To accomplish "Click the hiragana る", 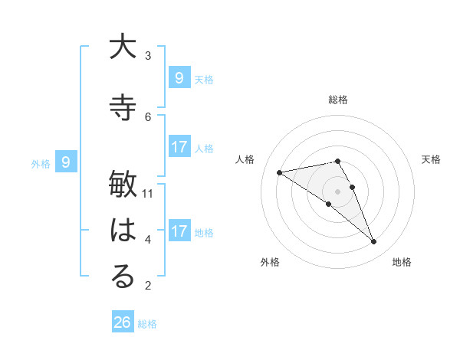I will click(x=123, y=277).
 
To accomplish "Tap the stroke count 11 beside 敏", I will click(x=148, y=194).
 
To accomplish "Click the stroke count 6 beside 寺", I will click(x=148, y=116).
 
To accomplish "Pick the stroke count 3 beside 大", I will click(x=148, y=56).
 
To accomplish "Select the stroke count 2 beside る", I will click(x=148, y=286).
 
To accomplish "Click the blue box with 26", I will click(x=123, y=322).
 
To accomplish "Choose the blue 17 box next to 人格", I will click(x=179, y=147).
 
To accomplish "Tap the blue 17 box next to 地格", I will click(x=179, y=231).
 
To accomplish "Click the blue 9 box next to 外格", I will click(x=66, y=162).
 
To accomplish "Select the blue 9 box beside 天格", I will click(x=179, y=77).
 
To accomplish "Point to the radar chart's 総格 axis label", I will click(x=338, y=100).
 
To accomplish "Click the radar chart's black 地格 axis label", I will click(x=402, y=262).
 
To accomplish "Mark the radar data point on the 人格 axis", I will click(x=279, y=172).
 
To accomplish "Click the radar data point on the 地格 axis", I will click(x=373, y=242).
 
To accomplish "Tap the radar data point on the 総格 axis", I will click(x=338, y=161).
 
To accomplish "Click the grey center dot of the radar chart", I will click(x=338, y=191).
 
